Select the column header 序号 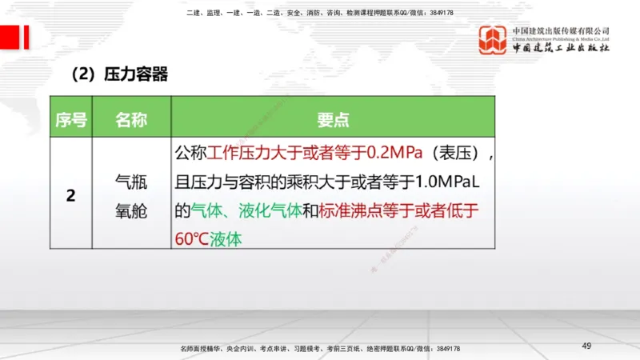[x=70, y=120]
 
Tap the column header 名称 [x=130, y=120]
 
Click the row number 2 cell [x=70, y=195]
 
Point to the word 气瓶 [x=131, y=182]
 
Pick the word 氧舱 [x=131, y=213]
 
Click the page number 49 [x=586, y=345]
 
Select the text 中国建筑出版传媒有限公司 [x=561, y=31]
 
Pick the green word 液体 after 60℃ [x=225, y=239]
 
